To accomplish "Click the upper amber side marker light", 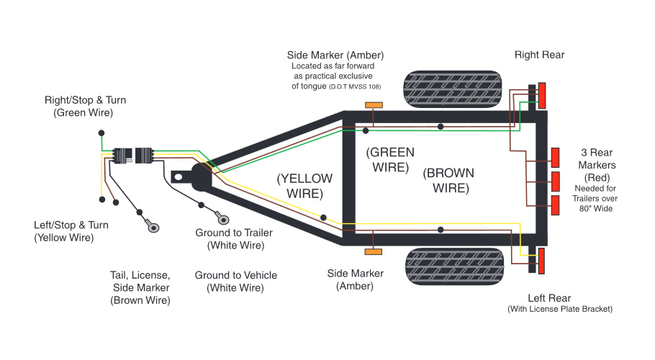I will click(x=374, y=105).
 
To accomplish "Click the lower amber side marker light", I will click(x=374, y=251).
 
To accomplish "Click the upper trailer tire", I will click(x=451, y=90).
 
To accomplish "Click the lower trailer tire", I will click(x=451, y=266).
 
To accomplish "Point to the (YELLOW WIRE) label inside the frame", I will click(x=305, y=186).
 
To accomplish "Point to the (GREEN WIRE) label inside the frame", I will click(x=390, y=159).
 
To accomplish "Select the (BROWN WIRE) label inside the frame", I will click(x=448, y=180).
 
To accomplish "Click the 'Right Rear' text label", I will click(x=539, y=55).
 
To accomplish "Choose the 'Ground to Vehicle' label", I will click(x=235, y=282).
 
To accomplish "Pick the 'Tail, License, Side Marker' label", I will click(x=140, y=288).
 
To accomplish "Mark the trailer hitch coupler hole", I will click(x=178, y=176).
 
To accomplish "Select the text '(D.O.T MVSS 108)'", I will click(x=354, y=86).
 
